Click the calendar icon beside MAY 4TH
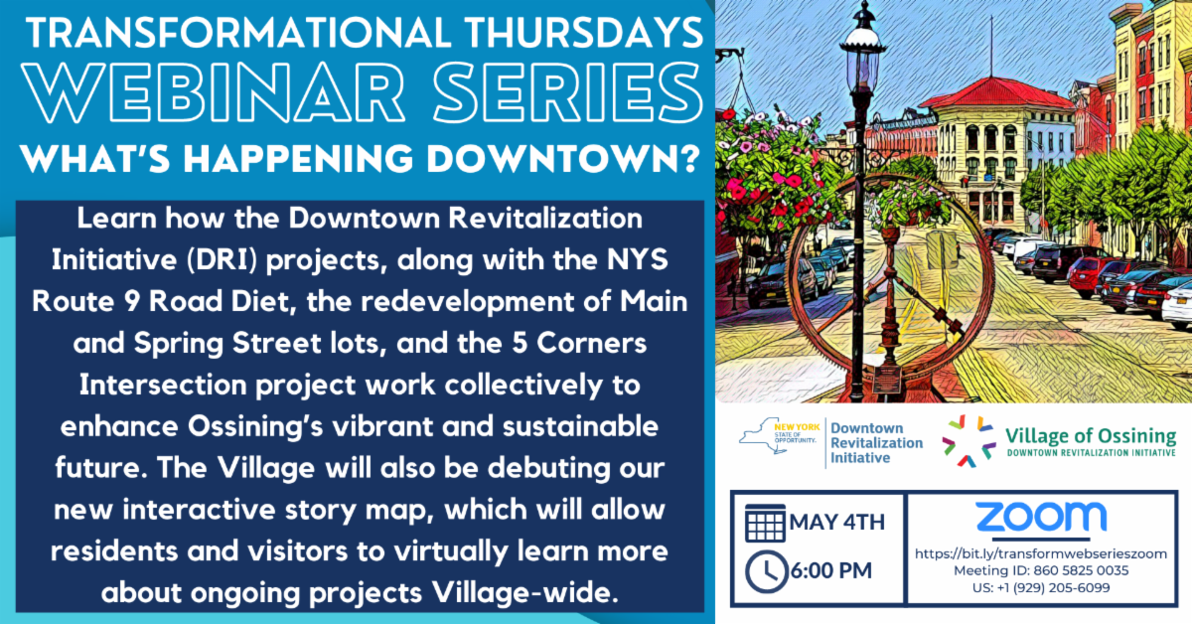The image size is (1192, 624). pos(765,524)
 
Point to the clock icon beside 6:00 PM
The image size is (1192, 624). pos(765,570)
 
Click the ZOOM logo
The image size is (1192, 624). pos(1040,517)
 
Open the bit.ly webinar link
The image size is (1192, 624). pos(1040,553)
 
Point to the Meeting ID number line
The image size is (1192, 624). pos(1040,570)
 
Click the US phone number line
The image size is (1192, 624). pos(1040,587)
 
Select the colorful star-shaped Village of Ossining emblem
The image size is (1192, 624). pos(968,440)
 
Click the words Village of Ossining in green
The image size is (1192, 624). pos(1090,435)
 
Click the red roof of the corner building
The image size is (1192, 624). pos(983,92)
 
